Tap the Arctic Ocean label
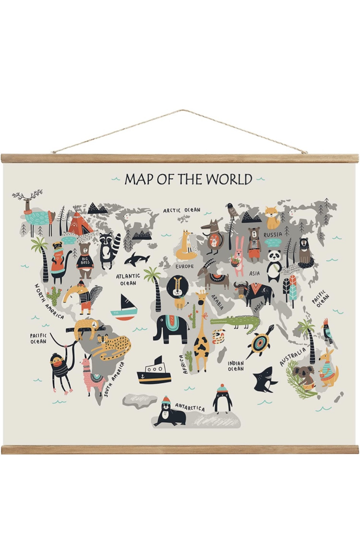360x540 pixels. (181, 210)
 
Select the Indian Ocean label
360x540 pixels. (236, 366)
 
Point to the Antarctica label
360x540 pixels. (190, 408)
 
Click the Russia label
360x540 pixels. (273, 235)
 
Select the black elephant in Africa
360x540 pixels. (170, 328)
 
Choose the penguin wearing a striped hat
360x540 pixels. (222, 399)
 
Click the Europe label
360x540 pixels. (184, 266)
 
